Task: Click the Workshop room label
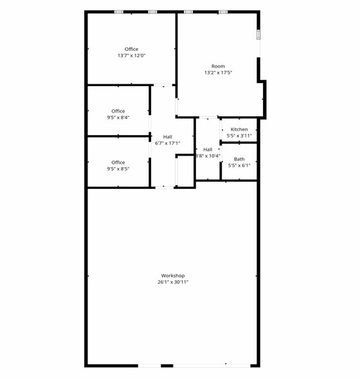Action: click(x=173, y=276)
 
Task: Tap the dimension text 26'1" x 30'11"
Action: click(x=173, y=282)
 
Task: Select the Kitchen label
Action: click(x=239, y=129)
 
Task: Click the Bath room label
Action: click(x=239, y=159)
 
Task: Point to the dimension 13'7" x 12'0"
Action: click(x=131, y=56)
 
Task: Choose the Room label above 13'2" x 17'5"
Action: click(x=218, y=66)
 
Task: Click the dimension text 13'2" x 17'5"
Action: click(x=218, y=73)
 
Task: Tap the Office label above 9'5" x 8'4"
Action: click(x=118, y=111)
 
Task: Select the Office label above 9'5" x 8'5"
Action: click(x=118, y=163)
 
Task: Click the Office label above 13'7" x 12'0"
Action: click(x=131, y=50)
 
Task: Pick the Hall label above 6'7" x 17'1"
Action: click(x=167, y=137)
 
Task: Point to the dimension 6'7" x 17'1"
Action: click(x=167, y=143)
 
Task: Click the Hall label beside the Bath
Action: click(x=208, y=149)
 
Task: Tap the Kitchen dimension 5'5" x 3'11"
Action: click(x=239, y=136)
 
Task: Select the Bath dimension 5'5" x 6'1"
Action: click(x=239, y=165)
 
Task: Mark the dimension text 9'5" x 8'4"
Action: click(x=118, y=118)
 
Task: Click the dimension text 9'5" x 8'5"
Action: click(x=118, y=169)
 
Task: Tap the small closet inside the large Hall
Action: click(x=185, y=170)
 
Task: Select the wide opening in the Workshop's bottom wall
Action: click(x=193, y=365)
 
